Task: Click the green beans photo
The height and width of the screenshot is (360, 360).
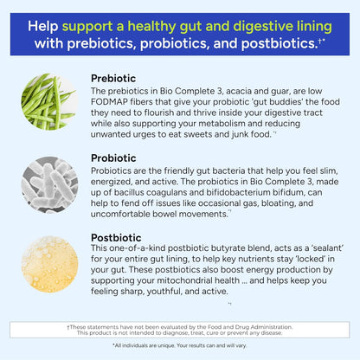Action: (49, 102)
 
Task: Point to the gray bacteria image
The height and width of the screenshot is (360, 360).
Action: (49, 182)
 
